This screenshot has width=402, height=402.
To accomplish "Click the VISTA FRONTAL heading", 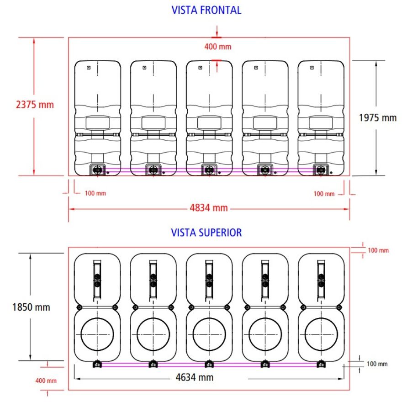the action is [206, 10].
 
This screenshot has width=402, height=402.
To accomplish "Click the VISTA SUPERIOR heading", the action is [206, 233].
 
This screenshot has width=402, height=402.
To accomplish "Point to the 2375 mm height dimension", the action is [35, 105].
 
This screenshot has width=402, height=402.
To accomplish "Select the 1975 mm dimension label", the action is [378, 118].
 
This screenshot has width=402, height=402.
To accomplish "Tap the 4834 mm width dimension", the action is [209, 208].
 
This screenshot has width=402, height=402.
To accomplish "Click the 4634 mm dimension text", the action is [195, 377].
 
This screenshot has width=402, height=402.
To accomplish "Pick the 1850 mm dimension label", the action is [31, 307].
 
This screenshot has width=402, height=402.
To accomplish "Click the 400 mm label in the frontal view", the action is [217, 47].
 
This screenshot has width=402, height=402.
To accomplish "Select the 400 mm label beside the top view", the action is [46, 381].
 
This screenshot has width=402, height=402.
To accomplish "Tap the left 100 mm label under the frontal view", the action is [95, 193].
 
